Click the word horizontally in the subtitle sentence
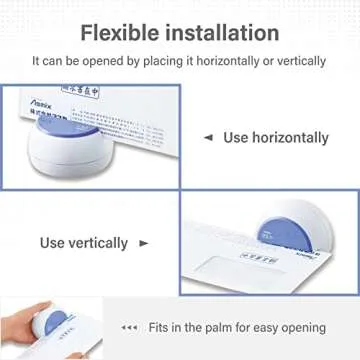pyautogui.click(x=226, y=61)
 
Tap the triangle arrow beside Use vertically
pyautogui.click(x=143, y=243)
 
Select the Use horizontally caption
pyautogui.click(x=276, y=137)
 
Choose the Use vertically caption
pyautogui.click(x=84, y=243)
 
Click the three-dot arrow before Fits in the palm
pyautogui.click(x=129, y=328)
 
